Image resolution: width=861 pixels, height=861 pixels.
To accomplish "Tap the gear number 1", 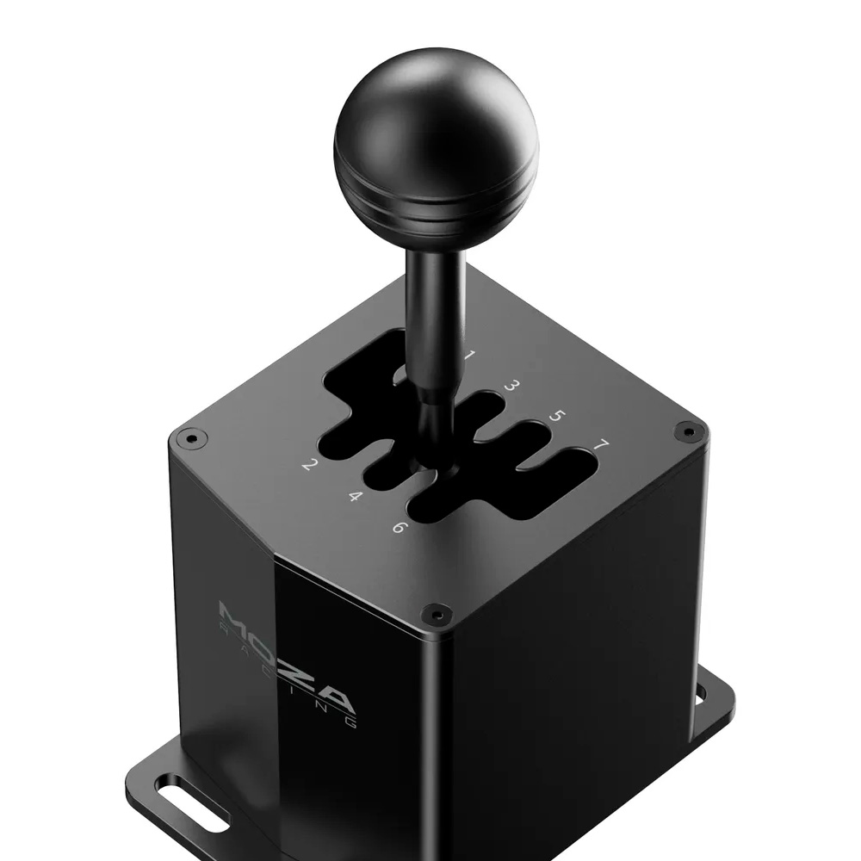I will pyautogui.click(x=469, y=354).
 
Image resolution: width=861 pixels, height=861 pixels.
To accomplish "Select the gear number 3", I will pyautogui.click(x=511, y=385).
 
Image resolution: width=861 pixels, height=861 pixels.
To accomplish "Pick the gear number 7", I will pyautogui.click(x=601, y=447).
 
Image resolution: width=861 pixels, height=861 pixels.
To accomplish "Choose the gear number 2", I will pyautogui.click(x=307, y=466).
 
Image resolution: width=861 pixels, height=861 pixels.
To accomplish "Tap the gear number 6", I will pyautogui.click(x=398, y=527).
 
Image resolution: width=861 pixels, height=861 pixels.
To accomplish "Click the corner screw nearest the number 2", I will pyautogui.click(x=192, y=438).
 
